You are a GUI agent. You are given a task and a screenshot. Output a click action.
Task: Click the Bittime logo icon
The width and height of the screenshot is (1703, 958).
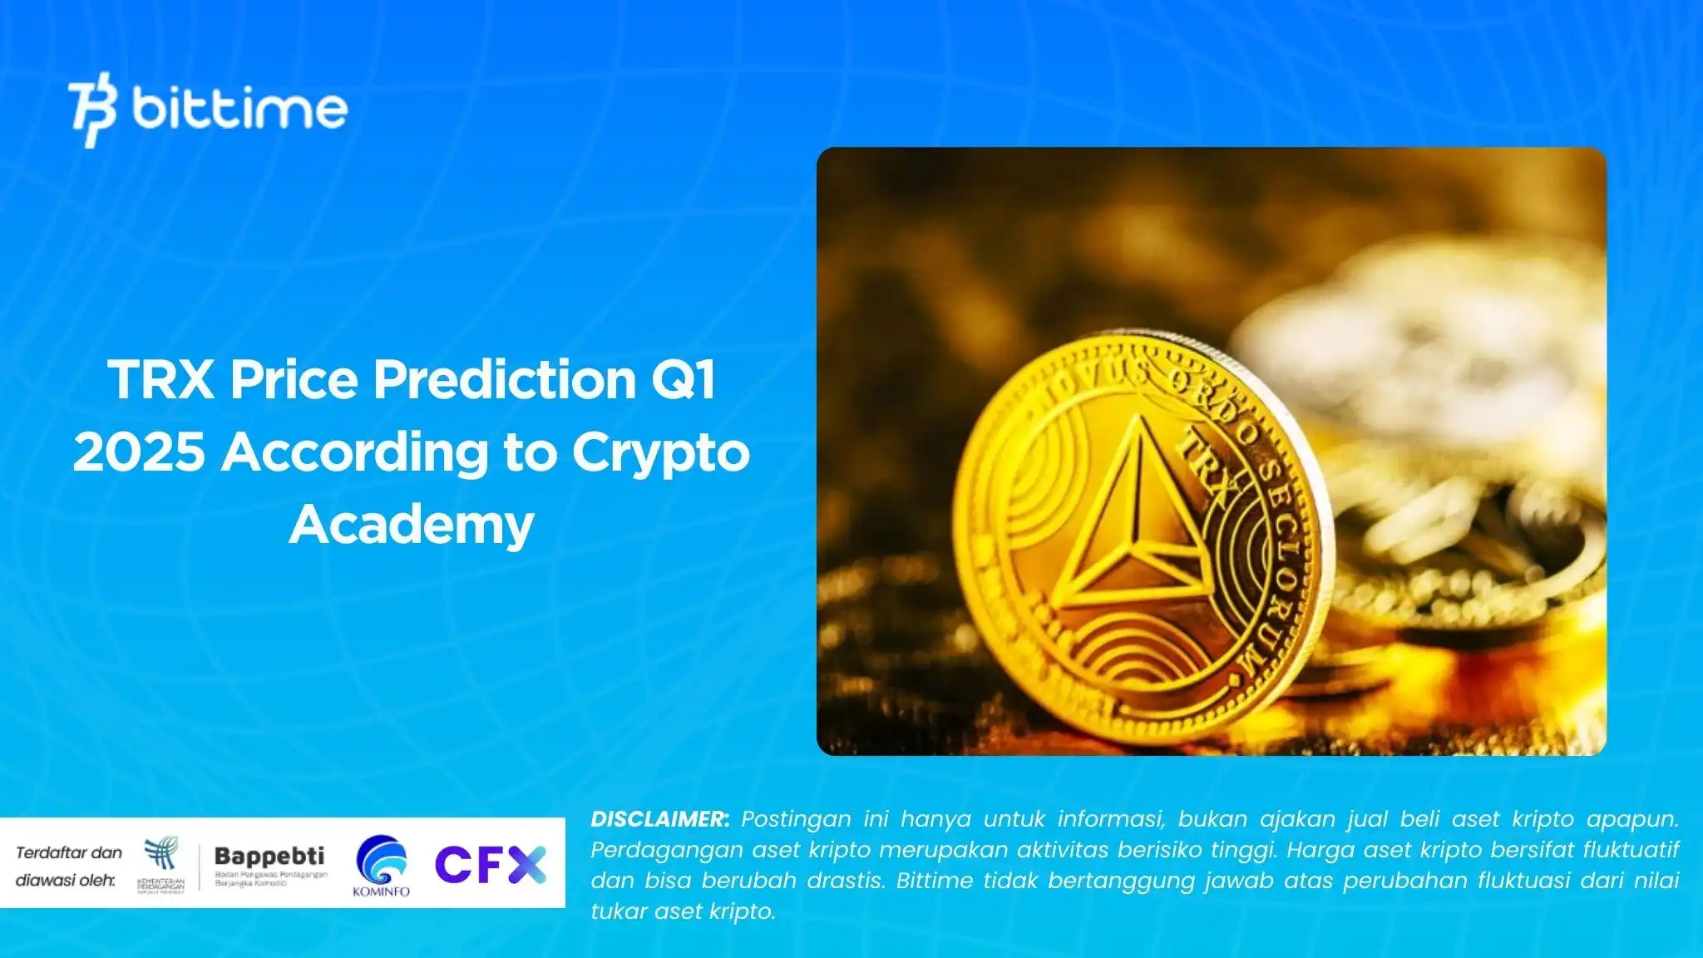tap(92, 110)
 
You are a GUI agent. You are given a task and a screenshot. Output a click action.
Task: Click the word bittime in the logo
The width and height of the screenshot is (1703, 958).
tap(239, 109)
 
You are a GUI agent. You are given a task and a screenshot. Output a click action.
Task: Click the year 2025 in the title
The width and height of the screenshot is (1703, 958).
tap(139, 452)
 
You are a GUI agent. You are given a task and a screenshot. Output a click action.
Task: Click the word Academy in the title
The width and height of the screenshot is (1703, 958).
tap(412, 525)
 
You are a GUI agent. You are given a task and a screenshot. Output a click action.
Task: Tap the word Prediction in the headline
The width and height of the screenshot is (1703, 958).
tap(504, 380)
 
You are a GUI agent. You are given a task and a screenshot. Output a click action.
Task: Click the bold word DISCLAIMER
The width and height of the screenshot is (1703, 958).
tap(659, 819)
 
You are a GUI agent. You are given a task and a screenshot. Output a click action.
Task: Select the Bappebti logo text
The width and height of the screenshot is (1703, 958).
tap(269, 856)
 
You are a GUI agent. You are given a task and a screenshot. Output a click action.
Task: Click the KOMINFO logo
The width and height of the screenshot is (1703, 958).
tap(382, 865)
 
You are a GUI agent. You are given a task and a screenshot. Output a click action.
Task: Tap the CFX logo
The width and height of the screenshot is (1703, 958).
tap(490, 864)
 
